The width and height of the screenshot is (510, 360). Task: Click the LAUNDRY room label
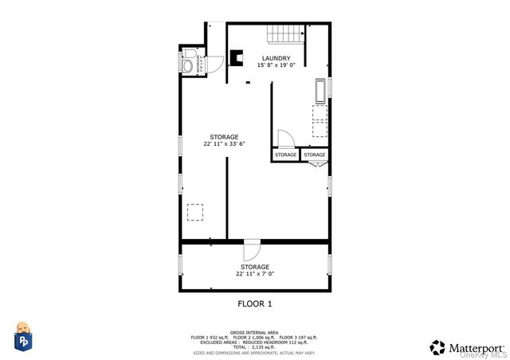pyautogui.click(x=276, y=58)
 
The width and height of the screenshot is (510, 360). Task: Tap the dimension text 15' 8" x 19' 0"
pyautogui.click(x=276, y=65)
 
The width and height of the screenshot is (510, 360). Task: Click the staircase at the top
pyautogui.click(x=285, y=33)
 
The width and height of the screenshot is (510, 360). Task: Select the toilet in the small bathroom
pyautogui.click(x=188, y=65)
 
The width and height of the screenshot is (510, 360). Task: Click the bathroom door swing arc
pyautogui.click(x=202, y=63)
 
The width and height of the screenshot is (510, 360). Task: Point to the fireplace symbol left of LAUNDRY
pyautogui.click(x=237, y=58)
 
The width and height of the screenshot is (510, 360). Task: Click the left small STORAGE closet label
pyautogui.click(x=286, y=155)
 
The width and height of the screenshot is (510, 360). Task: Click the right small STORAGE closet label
pyautogui.click(x=315, y=155)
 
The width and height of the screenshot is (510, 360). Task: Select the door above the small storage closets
pyautogui.click(x=285, y=138)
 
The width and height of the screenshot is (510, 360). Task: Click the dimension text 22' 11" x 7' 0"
pyautogui.click(x=255, y=274)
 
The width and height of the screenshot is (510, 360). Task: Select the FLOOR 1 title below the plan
pyautogui.click(x=255, y=303)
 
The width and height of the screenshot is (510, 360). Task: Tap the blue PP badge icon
pyautogui.click(x=24, y=338)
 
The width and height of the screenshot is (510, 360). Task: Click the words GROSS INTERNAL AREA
pyautogui.click(x=254, y=331)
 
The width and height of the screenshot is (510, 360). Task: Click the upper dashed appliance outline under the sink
pyautogui.click(x=320, y=112)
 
